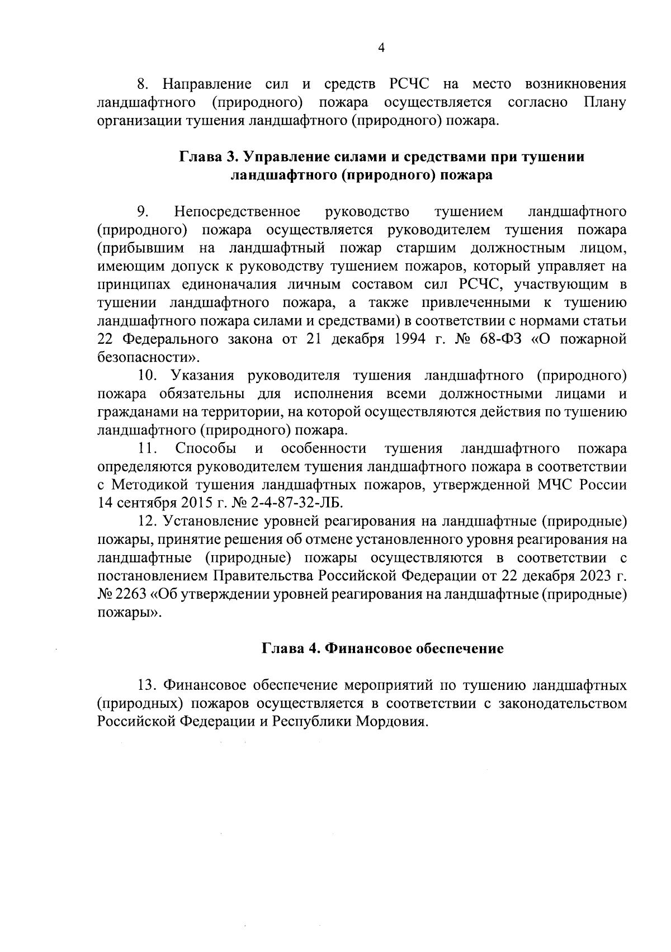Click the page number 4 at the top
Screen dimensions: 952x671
pyautogui.click(x=381, y=49)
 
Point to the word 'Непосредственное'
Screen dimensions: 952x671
pyautogui.click(x=237, y=212)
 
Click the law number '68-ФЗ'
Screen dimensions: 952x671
pyautogui.click(x=498, y=339)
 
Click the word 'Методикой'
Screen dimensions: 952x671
pyautogui.click(x=151, y=484)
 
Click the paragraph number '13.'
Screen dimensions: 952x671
pyautogui.click(x=148, y=685)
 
